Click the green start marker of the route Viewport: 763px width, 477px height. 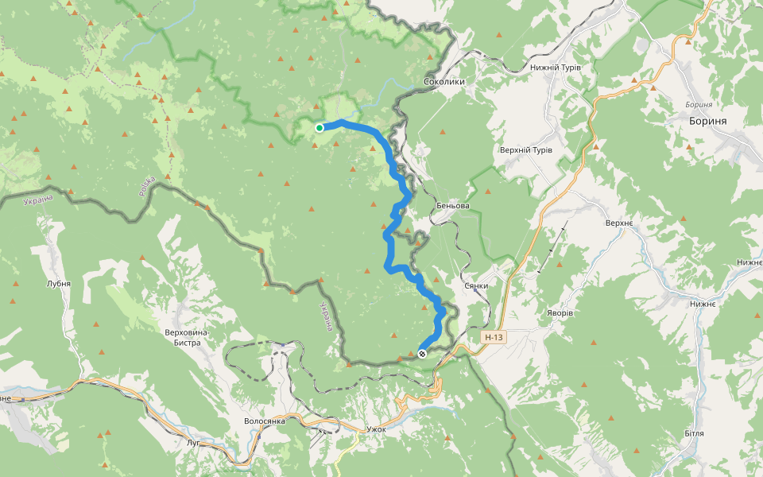point(320,127)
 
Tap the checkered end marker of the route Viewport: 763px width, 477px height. point(422,354)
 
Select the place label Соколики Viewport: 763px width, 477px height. point(444,82)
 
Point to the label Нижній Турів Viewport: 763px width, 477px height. point(556,68)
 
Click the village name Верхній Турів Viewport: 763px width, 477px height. point(525,150)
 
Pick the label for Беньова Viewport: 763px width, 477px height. point(452,206)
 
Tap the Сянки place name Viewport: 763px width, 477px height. point(475,285)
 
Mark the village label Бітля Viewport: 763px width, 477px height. point(694,433)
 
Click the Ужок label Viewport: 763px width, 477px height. point(376,429)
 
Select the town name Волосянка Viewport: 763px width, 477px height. point(265,421)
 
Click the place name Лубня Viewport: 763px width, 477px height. point(59,283)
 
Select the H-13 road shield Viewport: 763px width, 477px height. point(494,337)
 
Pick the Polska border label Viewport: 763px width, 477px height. point(145,186)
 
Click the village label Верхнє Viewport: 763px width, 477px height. point(618,223)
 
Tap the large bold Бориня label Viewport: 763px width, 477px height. point(718,121)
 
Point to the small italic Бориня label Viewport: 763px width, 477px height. point(698,104)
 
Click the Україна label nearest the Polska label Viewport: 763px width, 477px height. point(37,199)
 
